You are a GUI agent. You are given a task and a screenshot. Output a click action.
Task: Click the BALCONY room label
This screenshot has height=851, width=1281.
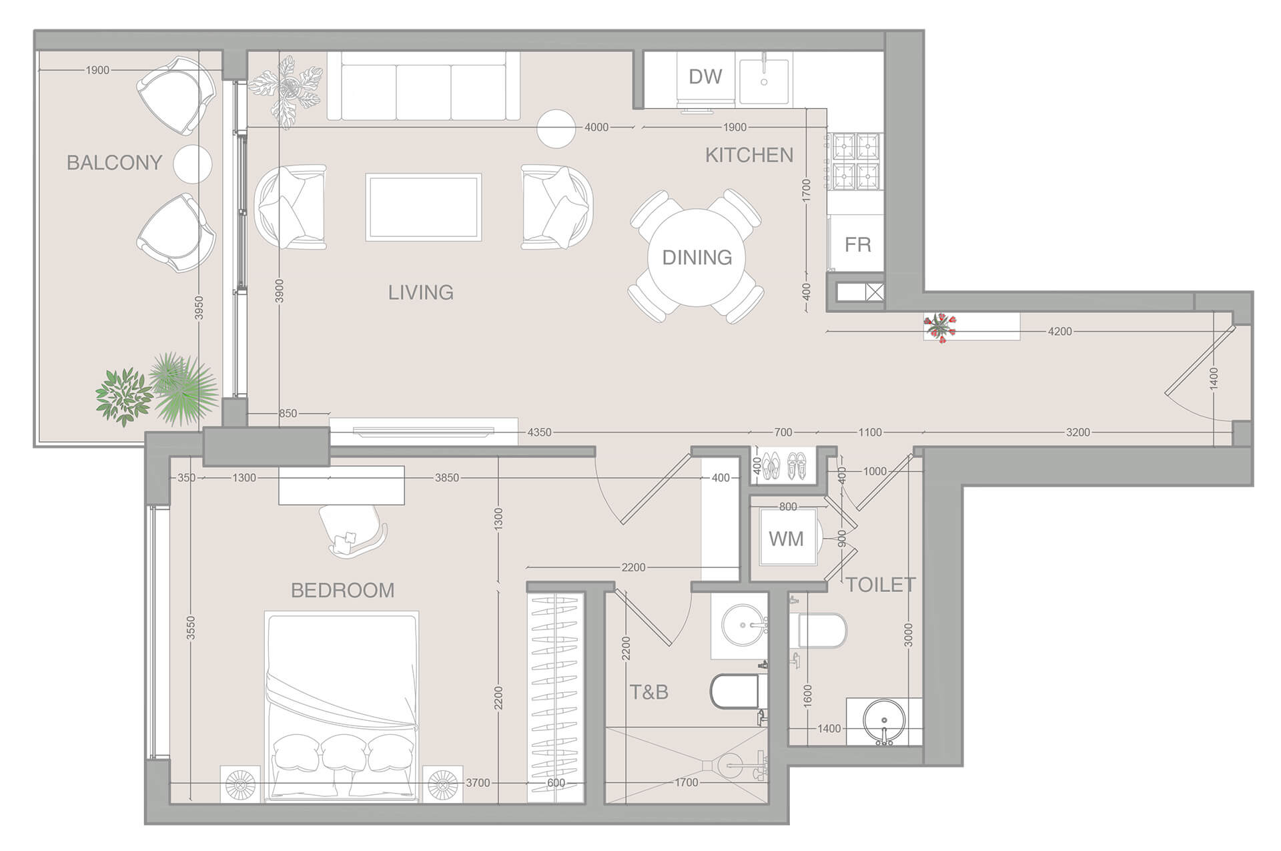(114, 162)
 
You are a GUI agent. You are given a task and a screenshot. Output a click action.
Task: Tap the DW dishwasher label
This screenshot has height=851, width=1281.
(705, 77)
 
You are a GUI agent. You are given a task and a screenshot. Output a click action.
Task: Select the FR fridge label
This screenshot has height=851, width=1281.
(857, 244)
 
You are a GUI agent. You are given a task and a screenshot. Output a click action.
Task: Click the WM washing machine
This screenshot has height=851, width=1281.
(786, 539)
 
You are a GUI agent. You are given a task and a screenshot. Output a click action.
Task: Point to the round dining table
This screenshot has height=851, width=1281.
(697, 257)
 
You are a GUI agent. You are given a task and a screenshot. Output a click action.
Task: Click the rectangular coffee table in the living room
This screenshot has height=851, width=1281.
(424, 207)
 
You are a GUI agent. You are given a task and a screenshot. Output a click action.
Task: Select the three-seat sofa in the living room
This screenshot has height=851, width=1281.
(424, 87)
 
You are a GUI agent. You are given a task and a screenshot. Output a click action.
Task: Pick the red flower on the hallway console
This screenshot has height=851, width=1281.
(939, 326)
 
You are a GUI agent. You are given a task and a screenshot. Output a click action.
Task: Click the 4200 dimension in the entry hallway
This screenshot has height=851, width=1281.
(1059, 331)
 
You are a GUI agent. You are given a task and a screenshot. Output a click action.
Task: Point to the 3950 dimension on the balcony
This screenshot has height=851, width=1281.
(198, 308)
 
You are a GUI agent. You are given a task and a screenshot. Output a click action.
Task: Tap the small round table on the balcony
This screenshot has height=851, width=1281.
(193, 164)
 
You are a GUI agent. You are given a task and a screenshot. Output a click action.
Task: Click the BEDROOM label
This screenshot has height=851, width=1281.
(343, 590)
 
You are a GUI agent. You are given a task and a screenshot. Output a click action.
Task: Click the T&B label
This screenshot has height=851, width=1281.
(649, 692)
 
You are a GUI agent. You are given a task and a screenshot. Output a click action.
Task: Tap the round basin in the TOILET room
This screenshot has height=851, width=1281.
(884, 722)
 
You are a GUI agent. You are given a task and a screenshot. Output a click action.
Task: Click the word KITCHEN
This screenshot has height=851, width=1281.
(749, 155)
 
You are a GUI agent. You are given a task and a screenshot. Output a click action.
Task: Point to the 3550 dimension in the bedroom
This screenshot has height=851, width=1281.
(191, 628)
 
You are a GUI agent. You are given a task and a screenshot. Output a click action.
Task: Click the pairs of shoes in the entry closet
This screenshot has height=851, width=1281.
(783, 465)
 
